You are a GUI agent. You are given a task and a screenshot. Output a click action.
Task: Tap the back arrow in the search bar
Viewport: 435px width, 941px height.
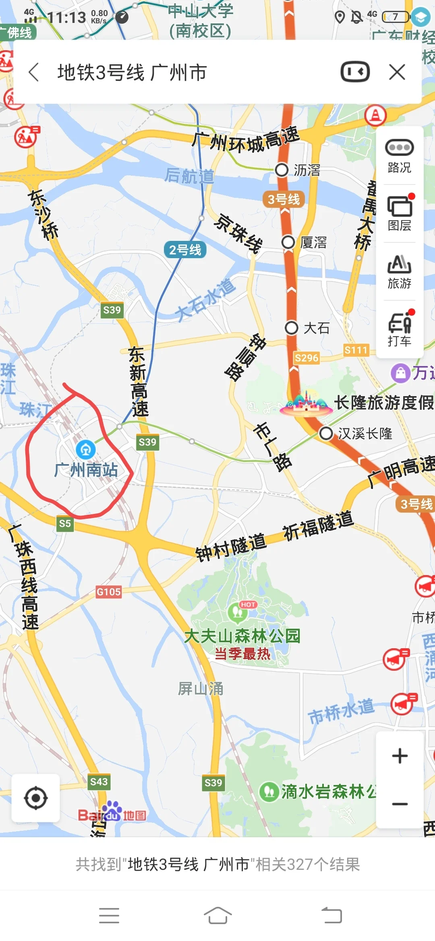pyautogui.click(x=34, y=72)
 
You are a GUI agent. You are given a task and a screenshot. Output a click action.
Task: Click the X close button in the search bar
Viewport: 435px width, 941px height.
pyautogui.click(x=397, y=72)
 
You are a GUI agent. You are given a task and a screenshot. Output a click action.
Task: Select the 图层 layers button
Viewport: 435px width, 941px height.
pyautogui.click(x=400, y=214)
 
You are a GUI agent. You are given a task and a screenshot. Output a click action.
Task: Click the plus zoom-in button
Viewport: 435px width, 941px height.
pyautogui.click(x=400, y=756)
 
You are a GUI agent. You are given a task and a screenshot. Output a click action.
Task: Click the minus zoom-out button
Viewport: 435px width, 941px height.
pyautogui.click(x=400, y=804)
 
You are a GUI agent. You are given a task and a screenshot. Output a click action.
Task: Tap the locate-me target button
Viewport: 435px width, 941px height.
pyautogui.click(x=36, y=798)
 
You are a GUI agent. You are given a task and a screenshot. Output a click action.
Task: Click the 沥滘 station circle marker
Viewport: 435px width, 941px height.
pyautogui.click(x=282, y=170)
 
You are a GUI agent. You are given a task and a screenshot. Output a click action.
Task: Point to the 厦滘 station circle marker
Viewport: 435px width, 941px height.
pyautogui.click(x=288, y=242)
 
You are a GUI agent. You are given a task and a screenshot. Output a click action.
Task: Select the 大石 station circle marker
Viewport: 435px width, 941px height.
pyautogui.click(x=291, y=328)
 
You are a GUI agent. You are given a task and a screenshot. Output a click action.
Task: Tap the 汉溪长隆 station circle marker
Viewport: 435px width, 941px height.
pyautogui.click(x=326, y=434)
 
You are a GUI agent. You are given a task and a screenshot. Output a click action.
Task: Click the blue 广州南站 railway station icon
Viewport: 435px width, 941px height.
pyautogui.click(x=86, y=450)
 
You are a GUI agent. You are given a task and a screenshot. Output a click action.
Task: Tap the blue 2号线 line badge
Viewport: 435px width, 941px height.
pyautogui.click(x=185, y=250)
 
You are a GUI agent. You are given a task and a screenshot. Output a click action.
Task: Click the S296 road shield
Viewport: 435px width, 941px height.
pyautogui.click(x=307, y=358)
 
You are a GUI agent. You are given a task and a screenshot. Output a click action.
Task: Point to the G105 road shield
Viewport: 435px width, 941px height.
pyautogui.click(x=109, y=592)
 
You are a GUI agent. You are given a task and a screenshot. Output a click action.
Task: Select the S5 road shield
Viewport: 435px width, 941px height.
pyautogui.click(x=65, y=523)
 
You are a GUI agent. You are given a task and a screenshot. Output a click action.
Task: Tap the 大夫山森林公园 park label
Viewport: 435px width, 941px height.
pyautogui.click(x=242, y=636)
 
